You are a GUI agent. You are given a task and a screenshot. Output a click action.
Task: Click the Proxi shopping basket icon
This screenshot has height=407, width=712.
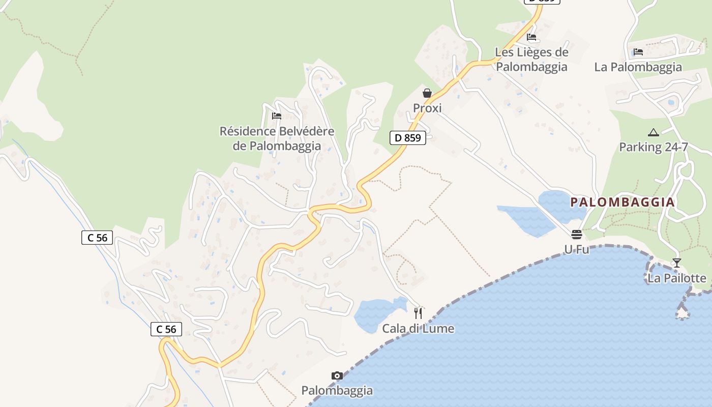click(x=427, y=93)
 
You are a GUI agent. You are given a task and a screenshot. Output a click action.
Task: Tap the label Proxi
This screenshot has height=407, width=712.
click(x=427, y=108)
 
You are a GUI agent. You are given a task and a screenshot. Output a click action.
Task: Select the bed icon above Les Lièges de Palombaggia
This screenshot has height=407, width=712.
click(x=531, y=37)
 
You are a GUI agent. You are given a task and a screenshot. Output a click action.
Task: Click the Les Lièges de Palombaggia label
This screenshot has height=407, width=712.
click(x=531, y=59)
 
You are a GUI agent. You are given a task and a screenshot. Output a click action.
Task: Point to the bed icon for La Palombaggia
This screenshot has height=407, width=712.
click(x=638, y=52)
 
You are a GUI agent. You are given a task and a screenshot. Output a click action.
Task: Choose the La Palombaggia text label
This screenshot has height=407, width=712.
click(x=638, y=67)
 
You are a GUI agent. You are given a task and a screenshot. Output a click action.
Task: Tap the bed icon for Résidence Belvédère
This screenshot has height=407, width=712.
click(x=277, y=116)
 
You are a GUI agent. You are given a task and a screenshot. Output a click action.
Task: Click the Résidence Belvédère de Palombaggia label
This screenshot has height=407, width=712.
click(x=277, y=138)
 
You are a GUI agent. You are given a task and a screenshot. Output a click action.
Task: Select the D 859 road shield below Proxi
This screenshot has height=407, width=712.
click(x=408, y=137)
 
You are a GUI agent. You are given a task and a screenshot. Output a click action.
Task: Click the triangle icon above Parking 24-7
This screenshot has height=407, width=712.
click(x=654, y=133)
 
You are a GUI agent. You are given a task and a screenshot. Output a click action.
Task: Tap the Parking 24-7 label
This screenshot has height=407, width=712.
click(x=654, y=147)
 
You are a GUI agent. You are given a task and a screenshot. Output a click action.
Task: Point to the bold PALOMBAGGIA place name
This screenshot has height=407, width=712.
click(x=622, y=202)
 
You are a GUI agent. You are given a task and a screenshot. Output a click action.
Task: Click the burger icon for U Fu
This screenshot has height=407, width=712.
click(x=577, y=235)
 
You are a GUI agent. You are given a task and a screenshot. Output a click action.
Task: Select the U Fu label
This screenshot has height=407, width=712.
click(x=577, y=249)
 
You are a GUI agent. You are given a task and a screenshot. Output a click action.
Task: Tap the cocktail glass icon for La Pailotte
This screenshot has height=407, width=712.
click(x=676, y=263)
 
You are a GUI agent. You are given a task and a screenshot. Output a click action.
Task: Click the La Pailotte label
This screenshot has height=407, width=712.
click(x=676, y=278)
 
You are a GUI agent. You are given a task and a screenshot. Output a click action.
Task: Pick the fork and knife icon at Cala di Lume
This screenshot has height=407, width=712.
click(x=418, y=313)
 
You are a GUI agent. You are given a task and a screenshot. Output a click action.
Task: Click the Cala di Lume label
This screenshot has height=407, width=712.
click(x=418, y=328)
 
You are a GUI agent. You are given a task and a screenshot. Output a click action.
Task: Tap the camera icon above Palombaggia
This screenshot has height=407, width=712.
click(x=337, y=376)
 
